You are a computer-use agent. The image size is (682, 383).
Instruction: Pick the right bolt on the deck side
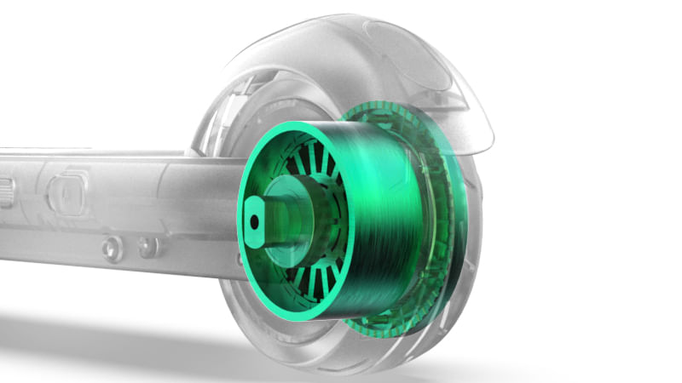point(147,248)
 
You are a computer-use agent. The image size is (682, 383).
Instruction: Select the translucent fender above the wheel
point(426,51)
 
